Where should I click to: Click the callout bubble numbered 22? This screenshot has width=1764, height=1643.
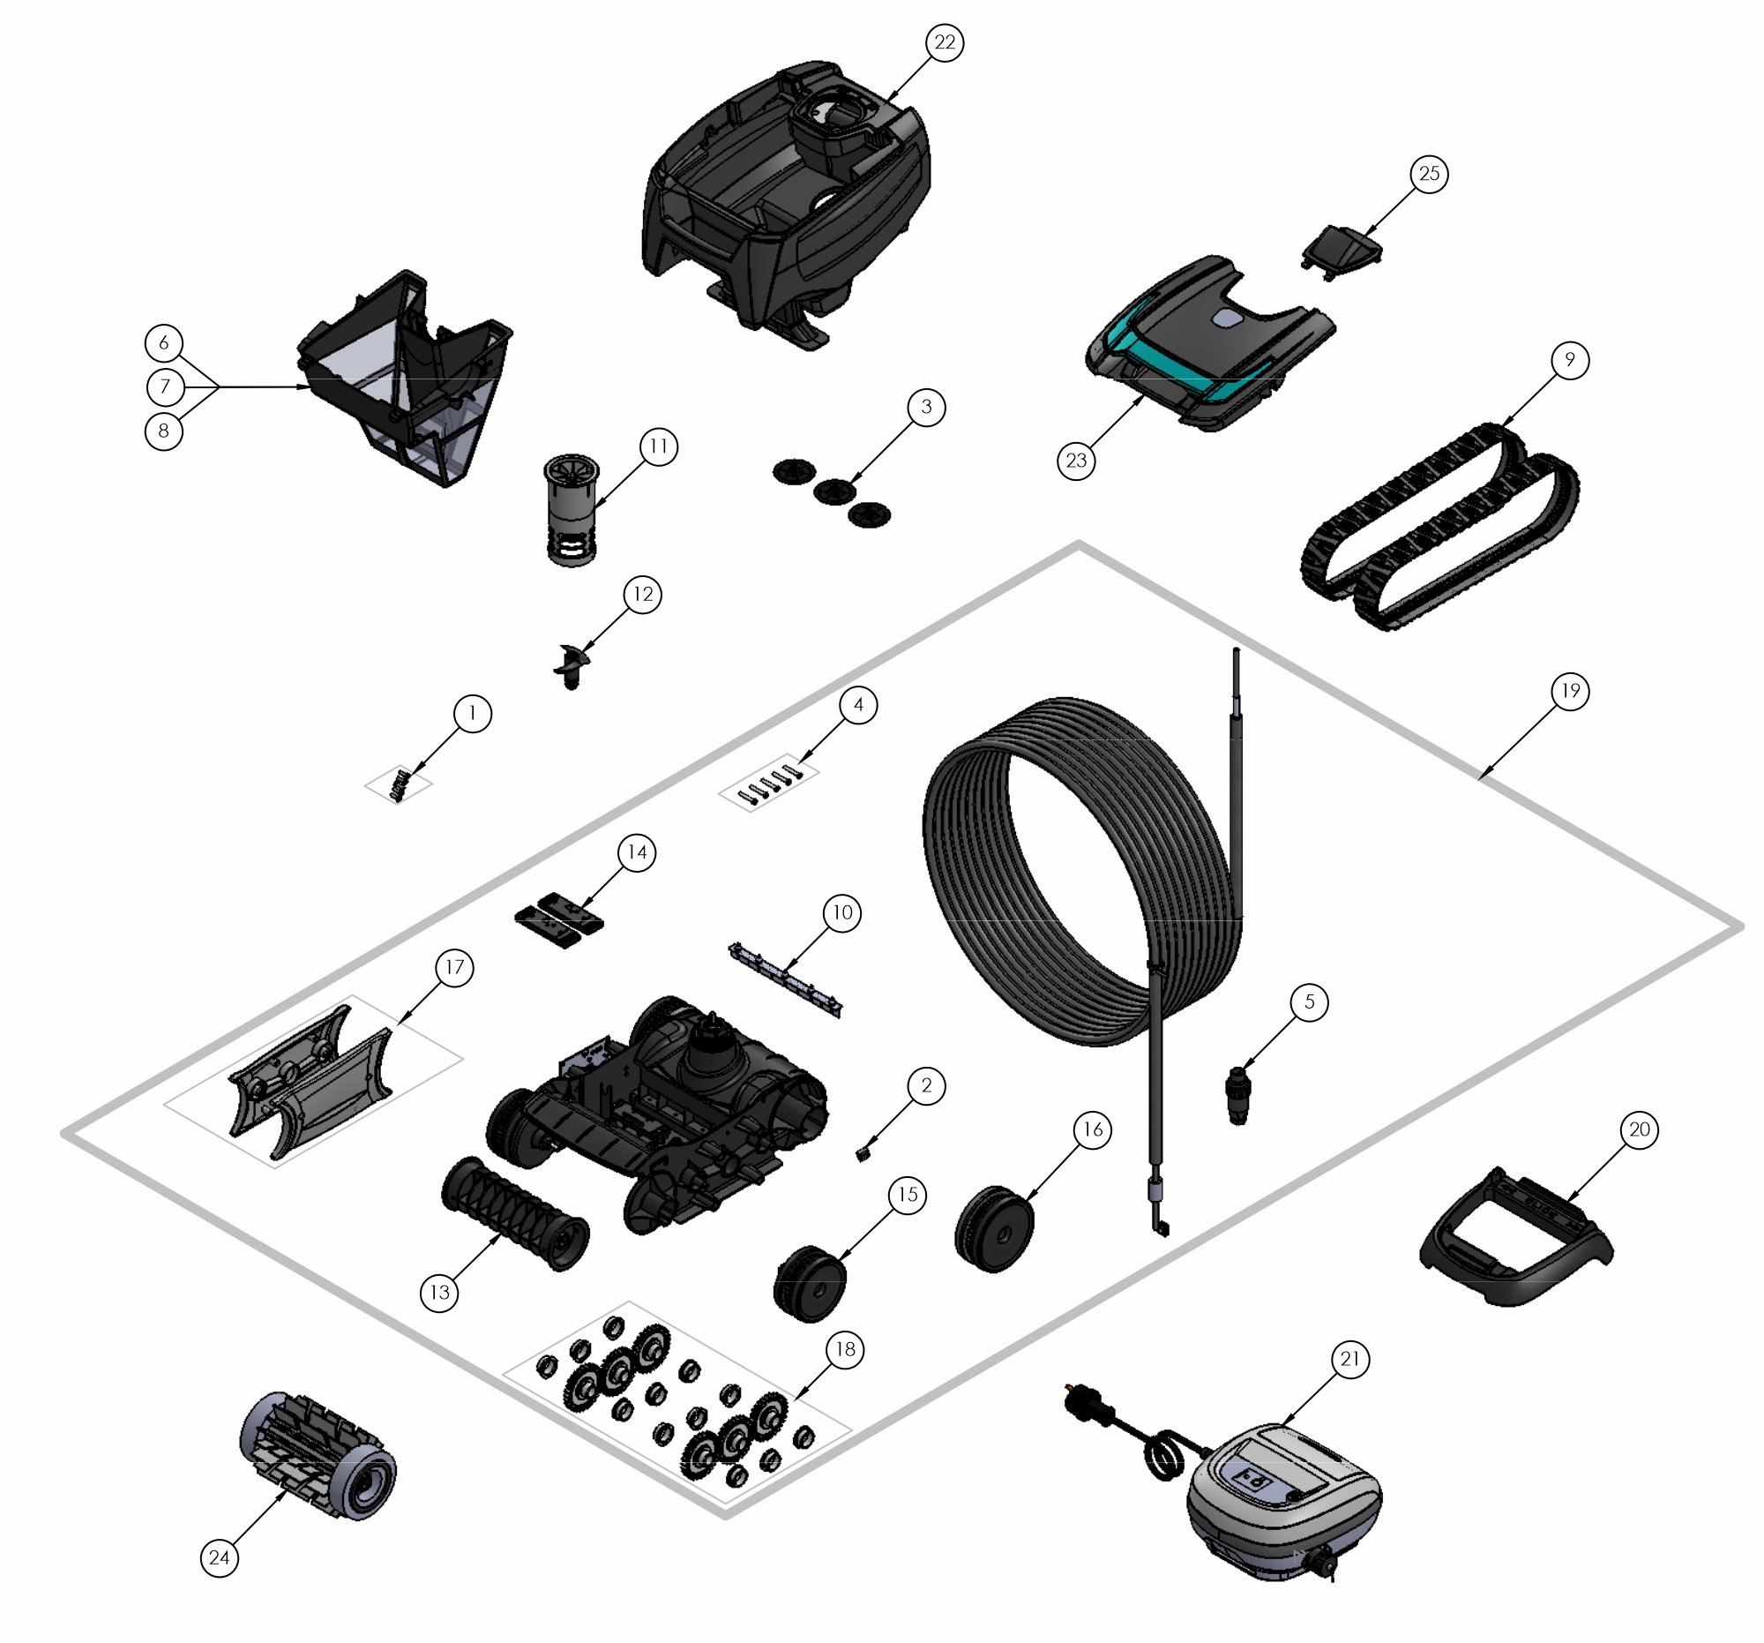coord(945,42)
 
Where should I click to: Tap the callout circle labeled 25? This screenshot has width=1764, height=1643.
coord(1430,173)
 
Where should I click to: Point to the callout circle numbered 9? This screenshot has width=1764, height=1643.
coord(1570,359)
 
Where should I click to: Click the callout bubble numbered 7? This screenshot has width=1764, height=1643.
coord(164,387)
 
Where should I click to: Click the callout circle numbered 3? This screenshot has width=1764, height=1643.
coord(926,407)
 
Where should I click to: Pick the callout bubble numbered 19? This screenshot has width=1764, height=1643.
coord(1571,691)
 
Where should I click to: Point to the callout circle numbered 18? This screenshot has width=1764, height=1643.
coord(845,1349)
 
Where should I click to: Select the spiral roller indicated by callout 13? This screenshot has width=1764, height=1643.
coord(515,1212)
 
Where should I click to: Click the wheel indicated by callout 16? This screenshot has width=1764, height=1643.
coord(994,1228)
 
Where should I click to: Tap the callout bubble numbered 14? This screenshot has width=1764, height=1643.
coord(637,853)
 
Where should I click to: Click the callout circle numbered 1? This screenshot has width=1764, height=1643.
coord(472,713)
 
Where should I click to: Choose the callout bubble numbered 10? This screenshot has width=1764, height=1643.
coord(842,912)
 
